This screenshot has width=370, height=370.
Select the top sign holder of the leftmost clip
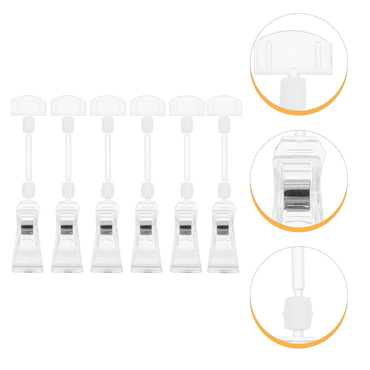[x=28, y=106]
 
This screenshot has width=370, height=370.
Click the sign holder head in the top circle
[x=292, y=55]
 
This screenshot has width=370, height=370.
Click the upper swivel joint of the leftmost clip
[x=28, y=123]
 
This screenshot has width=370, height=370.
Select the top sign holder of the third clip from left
[x=107, y=106]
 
